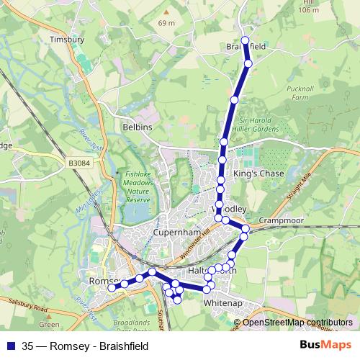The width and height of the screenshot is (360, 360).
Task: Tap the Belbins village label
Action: pyautogui.click(x=137, y=127)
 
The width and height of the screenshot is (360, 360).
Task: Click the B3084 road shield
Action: pyautogui.click(x=81, y=164)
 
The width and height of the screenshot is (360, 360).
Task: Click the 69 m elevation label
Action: pyautogui.click(x=167, y=23)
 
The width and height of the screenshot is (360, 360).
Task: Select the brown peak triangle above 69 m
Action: pyautogui.click(x=166, y=12)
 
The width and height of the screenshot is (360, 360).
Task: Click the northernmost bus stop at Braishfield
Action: pyautogui.click(x=246, y=40)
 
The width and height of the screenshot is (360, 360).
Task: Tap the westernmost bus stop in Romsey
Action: pyautogui.click(x=112, y=288)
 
